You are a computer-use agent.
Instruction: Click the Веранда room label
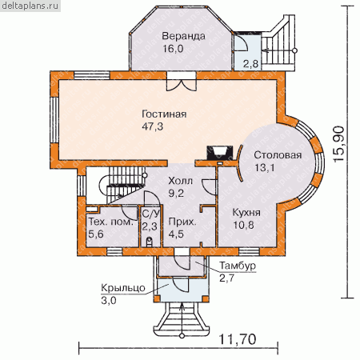pos(184,36)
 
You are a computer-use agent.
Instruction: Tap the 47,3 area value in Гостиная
pos(153,126)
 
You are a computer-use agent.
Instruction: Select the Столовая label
pos(278,155)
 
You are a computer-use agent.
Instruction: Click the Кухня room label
pos(246,213)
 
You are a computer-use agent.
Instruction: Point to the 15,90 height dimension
pos(338,144)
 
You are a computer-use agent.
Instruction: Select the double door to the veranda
pos(182,82)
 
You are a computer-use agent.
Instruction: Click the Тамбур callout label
pos(238,266)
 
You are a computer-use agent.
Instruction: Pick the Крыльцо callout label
pos(123,288)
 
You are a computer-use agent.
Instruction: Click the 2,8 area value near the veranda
pos(250,64)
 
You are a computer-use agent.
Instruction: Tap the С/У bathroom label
pos(151,214)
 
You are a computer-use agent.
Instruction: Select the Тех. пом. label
pos(110,222)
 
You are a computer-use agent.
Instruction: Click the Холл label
pos(180,181)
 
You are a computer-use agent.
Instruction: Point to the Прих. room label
pos(182,222)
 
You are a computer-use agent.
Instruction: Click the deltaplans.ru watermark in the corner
pos(30,6)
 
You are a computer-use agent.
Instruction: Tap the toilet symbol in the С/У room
pos(150,242)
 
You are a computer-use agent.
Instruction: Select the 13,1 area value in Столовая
pos(265,168)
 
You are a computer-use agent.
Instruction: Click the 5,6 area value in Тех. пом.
pos(96,234)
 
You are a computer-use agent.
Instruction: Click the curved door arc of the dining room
pos(238,163)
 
